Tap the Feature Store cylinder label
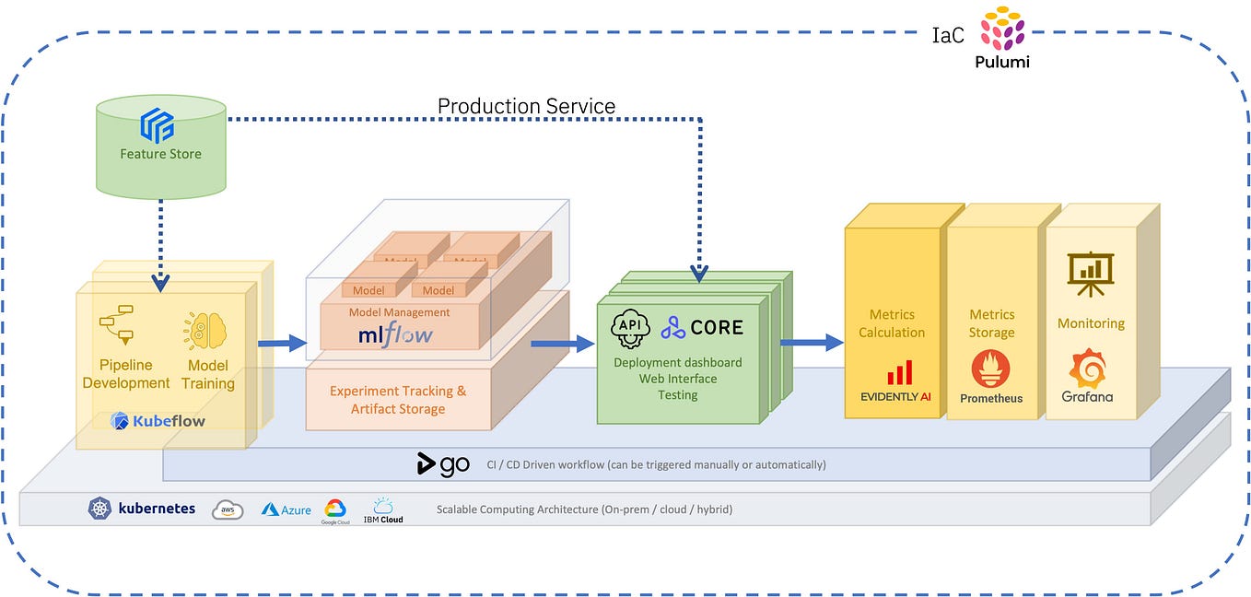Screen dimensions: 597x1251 (160, 154)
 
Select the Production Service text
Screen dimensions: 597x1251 (526, 106)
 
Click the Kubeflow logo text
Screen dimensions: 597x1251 (169, 421)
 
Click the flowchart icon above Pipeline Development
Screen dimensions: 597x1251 (116, 323)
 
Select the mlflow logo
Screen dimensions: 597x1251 (395, 334)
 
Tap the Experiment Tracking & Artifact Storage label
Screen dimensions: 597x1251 (398, 400)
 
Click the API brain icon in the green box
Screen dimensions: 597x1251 (631, 329)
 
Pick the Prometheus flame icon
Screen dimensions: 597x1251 (990, 369)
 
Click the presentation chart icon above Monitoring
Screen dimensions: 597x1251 (1090, 274)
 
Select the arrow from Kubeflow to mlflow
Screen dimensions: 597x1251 (281, 344)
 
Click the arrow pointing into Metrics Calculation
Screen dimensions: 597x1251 (812, 342)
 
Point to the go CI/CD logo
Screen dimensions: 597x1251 (443, 464)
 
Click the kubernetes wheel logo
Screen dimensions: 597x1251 (99, 508)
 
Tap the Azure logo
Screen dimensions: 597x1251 (286, 509)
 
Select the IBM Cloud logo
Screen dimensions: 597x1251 (383, 509)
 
